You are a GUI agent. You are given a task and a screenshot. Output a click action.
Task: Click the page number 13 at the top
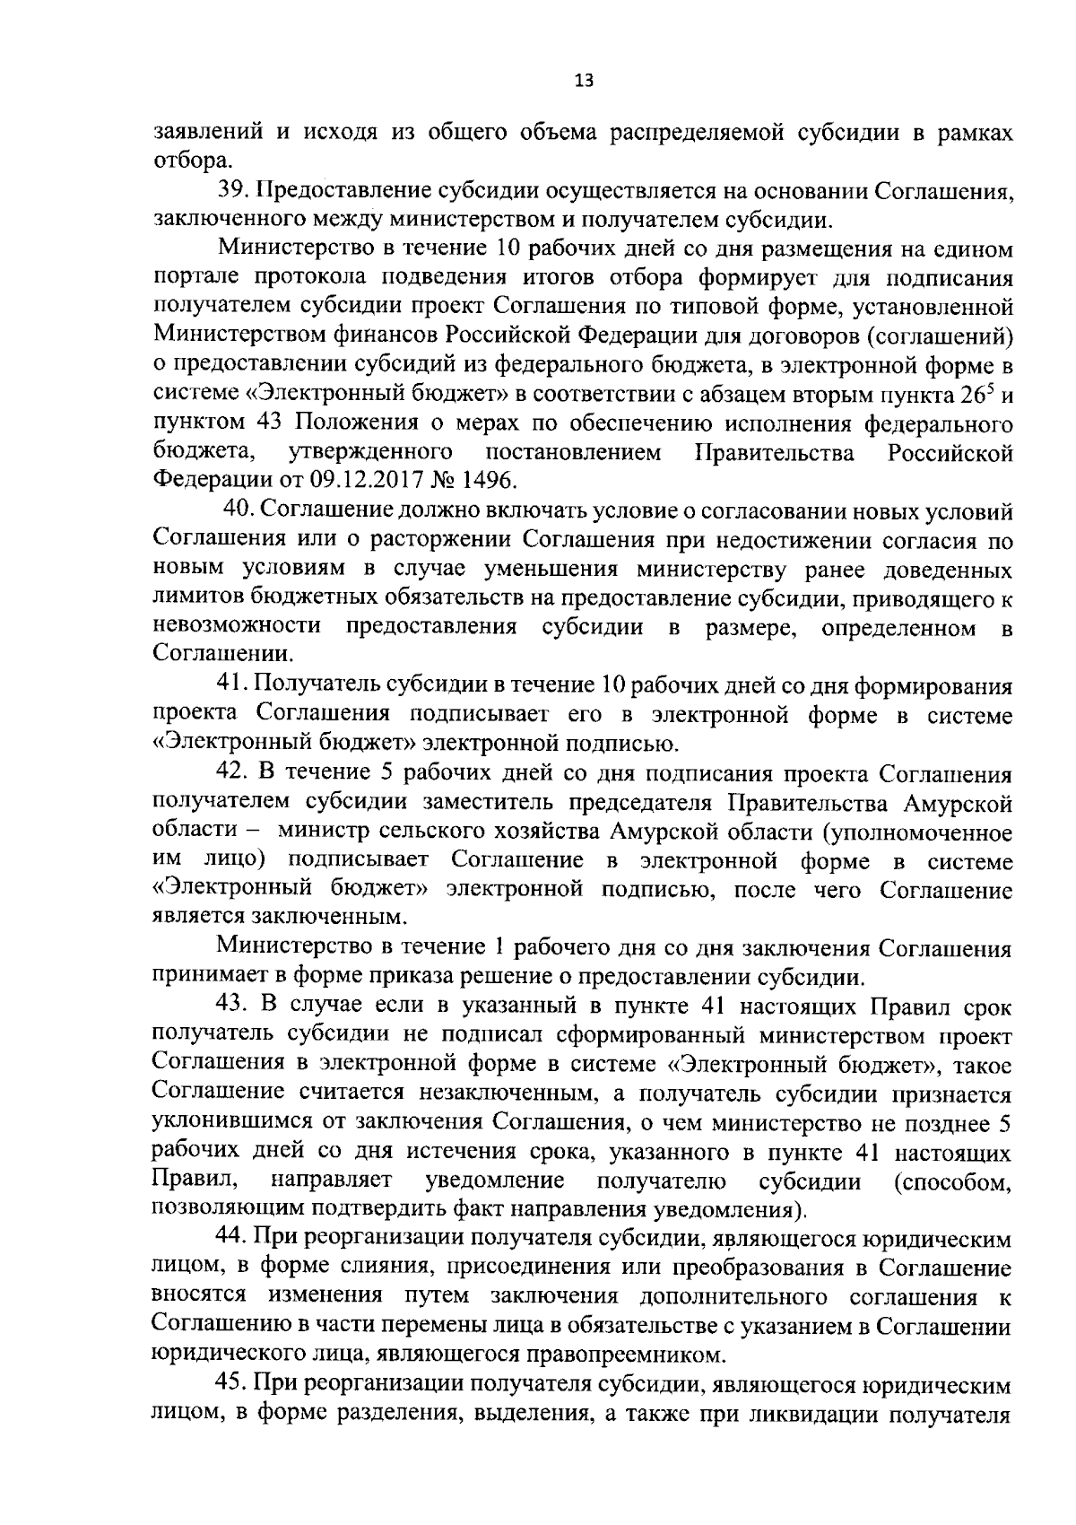point(584,81)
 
